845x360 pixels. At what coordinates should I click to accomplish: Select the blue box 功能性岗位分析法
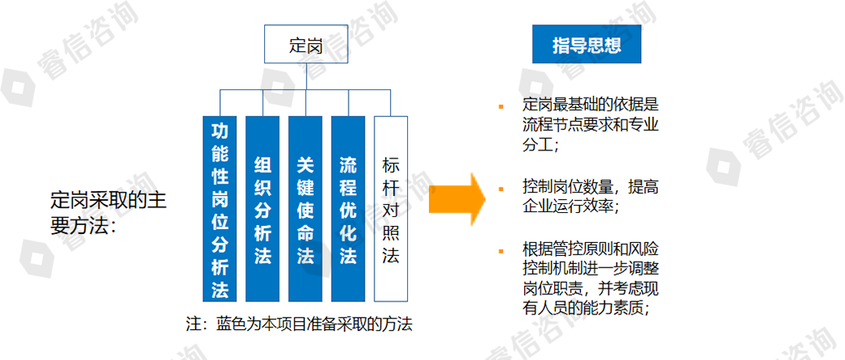point(220,209)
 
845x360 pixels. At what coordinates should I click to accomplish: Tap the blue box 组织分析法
point(262,209)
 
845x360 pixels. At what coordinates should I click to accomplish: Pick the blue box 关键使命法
point(305,209)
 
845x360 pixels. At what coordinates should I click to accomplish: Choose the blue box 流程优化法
point(348,209)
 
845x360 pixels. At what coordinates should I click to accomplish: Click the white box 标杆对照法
point(391,209)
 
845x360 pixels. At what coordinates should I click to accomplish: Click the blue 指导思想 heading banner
point(587,45)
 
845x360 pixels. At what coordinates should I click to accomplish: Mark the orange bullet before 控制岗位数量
point(502,188)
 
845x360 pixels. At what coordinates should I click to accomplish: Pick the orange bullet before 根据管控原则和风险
point(502,249)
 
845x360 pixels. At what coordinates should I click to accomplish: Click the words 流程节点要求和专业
point(590,126)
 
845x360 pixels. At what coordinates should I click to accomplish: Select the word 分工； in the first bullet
point(541,145)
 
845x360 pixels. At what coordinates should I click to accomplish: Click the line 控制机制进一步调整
point(590,269)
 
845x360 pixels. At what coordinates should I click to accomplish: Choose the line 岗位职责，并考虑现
point(590,288)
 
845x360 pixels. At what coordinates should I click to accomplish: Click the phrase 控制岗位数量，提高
point(590,187)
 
